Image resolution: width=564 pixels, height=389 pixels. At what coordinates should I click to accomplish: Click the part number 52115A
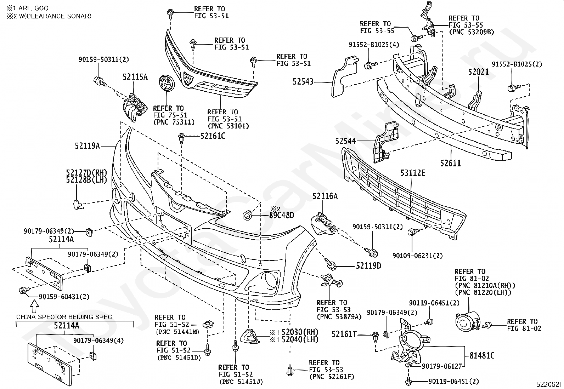[x=135, y=77]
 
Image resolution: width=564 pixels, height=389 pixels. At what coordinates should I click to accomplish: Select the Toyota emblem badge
[x=167, y=83]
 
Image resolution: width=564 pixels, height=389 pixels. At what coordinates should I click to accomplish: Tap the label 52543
[x=303, y=81]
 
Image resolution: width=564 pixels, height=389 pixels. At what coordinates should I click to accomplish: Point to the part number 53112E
[x=413, y=173]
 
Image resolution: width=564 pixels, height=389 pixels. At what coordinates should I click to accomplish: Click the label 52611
[x=450, y=163]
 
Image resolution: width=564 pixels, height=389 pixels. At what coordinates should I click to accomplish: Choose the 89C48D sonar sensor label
[x=282, y=215]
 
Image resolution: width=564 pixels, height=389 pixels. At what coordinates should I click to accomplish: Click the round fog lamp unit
[x=468, y=322]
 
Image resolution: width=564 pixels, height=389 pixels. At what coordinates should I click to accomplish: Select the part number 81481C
[x=482, y=355]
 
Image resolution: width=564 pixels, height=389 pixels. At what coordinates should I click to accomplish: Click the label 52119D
[x=368, y=266]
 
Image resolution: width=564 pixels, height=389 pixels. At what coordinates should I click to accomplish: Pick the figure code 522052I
[x=548, y=384]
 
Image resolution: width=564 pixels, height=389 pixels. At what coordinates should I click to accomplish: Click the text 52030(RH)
[x=300, y=332]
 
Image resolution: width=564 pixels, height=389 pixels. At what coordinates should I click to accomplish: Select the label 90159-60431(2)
[x=64, y=297]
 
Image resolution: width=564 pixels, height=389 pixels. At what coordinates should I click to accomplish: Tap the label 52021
[x=478, y=72]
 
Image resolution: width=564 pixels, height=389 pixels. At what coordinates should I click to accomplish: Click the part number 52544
[x=345, y=141]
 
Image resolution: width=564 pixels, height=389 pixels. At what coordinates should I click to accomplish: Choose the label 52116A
[x=325, y=196]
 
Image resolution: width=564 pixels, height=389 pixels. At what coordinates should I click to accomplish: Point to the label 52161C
[x=213, y=136]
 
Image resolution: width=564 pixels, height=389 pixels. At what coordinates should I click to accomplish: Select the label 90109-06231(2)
[x=417, y=256]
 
